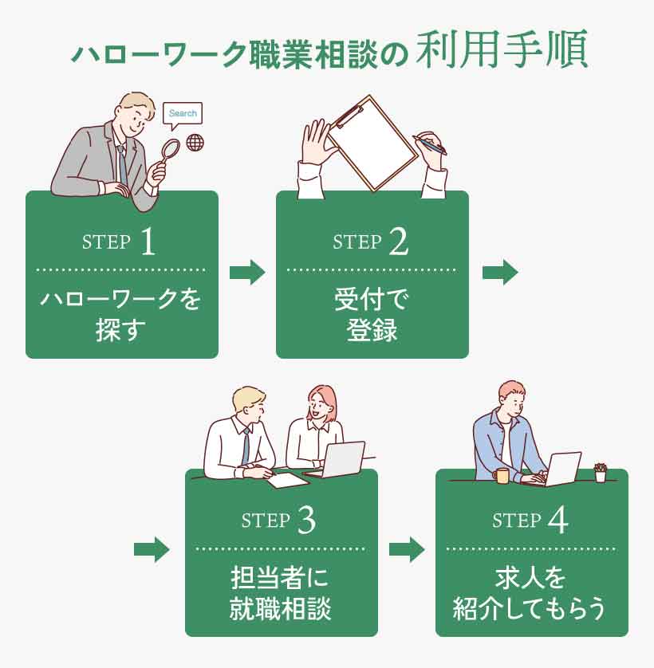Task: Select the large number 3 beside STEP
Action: (x=305, y=521)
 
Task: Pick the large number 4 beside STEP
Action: (x=558, y=521)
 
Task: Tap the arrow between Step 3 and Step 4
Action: (x=406, y=549)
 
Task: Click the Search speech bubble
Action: (x=183, y=114)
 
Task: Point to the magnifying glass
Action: (x=170, y=151)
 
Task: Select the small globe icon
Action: (x=194, y=143)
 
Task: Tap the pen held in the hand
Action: (x=431, y=144)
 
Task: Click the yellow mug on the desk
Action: (x=502, y=476)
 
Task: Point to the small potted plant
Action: (x=601, y=473)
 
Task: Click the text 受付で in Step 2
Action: (x=372, y=301)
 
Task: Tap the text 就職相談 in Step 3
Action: (x=280, y=609)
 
